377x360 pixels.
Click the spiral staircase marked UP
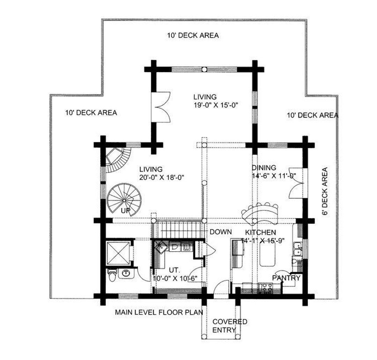click(124, 200)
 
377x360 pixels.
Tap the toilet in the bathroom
click(112, 275)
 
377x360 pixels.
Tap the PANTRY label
click(286, 278)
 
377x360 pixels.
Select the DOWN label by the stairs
click(221, 232)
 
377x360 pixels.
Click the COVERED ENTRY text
click(230, 326)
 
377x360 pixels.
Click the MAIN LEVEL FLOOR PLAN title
click(159, 312)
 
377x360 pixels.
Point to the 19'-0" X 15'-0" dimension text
click(216, 105)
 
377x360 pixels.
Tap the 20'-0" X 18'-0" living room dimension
click(162, 178)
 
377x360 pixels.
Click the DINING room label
click(264, 167)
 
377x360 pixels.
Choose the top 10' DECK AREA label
click(193, 35)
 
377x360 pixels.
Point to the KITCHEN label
click(261, 232)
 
